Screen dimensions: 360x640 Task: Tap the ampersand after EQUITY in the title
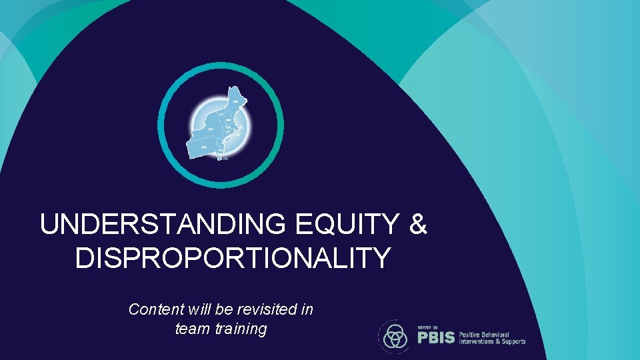[418, 225]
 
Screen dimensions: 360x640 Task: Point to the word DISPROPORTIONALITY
[233, 257]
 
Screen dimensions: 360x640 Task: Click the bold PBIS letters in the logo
[436, 337]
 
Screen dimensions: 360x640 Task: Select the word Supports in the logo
[512, 341]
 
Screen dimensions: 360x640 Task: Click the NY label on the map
[211, 129]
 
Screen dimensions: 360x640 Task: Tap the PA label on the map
[205, 146]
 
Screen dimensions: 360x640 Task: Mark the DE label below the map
[225, 159]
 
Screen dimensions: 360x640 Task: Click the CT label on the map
[228, 133]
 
